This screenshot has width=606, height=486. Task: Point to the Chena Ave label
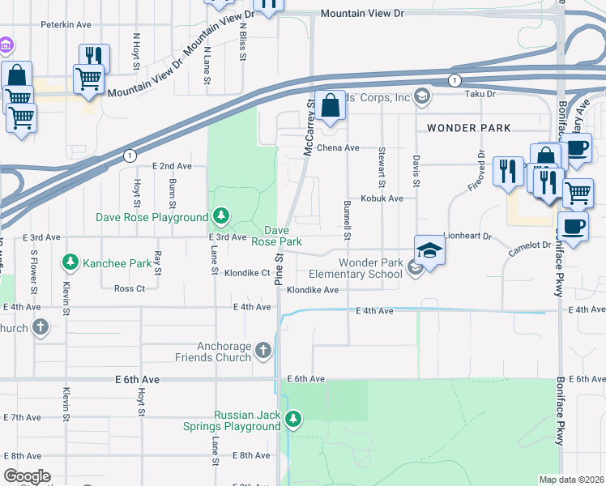[x=337, y=148]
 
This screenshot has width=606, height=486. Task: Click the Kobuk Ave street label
[x=382, y=198]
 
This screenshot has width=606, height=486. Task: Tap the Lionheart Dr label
[x=467, y=236]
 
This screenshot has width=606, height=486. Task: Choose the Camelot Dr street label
[x=528, y=245]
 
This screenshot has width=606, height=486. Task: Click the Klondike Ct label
[x=246, y=273]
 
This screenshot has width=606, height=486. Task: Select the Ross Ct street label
[x=129, y=288]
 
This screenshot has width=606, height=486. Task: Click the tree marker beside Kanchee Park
[x=70, y=262]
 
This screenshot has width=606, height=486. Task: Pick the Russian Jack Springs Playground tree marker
[x=292, y=420]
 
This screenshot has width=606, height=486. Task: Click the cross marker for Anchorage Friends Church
[x=262, y=350]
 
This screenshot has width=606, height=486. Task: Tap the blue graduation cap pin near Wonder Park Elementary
[x=429, y=250]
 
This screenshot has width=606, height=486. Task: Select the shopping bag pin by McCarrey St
[x=330, y=105]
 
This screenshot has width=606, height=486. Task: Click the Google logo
[x=27, y=476]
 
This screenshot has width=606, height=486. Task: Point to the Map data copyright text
[x=571, y=480]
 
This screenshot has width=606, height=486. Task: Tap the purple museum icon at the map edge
[x=6, y=43]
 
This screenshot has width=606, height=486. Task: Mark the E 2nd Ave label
[x=172, y=166]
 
